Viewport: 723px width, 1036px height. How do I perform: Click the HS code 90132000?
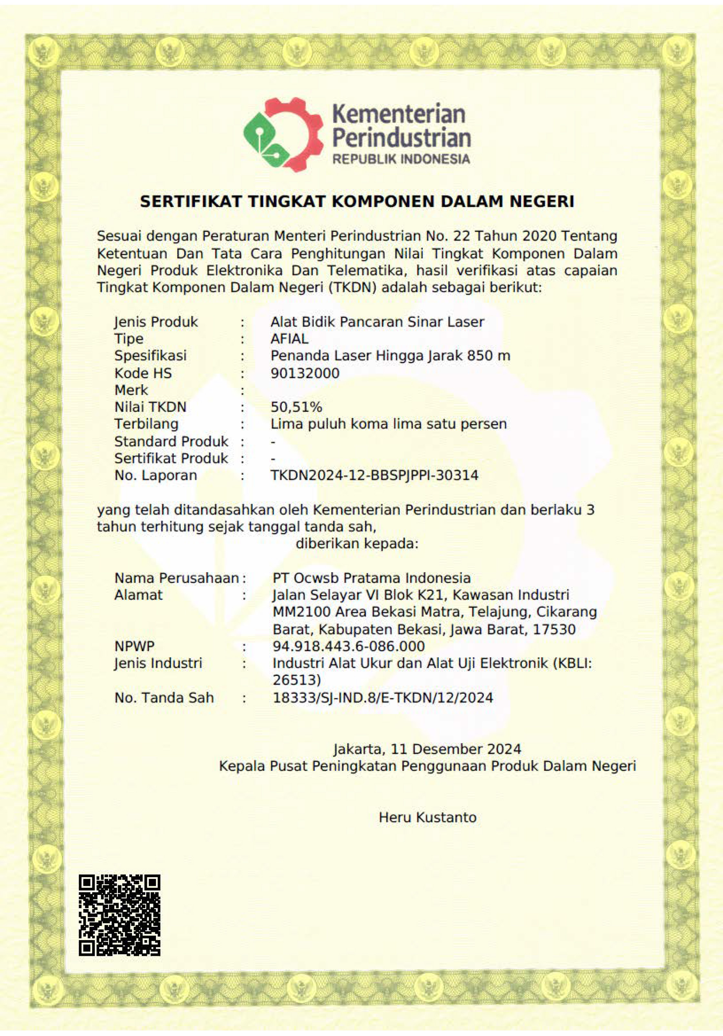point(305,373)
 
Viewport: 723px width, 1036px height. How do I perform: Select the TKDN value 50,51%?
point(296,407)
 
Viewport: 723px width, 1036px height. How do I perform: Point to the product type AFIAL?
point(290,338)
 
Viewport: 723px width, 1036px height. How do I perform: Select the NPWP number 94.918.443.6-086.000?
point(349,646)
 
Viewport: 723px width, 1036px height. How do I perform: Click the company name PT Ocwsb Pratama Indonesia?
point(372,578)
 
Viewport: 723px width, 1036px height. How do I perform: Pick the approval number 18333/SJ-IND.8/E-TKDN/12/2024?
point(383,698)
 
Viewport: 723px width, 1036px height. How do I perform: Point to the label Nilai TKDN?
point(150,407)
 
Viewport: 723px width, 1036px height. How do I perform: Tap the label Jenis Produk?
point(156,322)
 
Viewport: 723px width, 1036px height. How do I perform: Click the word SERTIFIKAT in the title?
point(190,201)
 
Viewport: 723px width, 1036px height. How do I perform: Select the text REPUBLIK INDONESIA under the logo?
point(401,159)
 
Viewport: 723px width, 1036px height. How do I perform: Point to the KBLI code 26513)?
point(297,680)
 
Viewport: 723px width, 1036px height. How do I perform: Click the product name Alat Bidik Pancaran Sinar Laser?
point(377,322)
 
